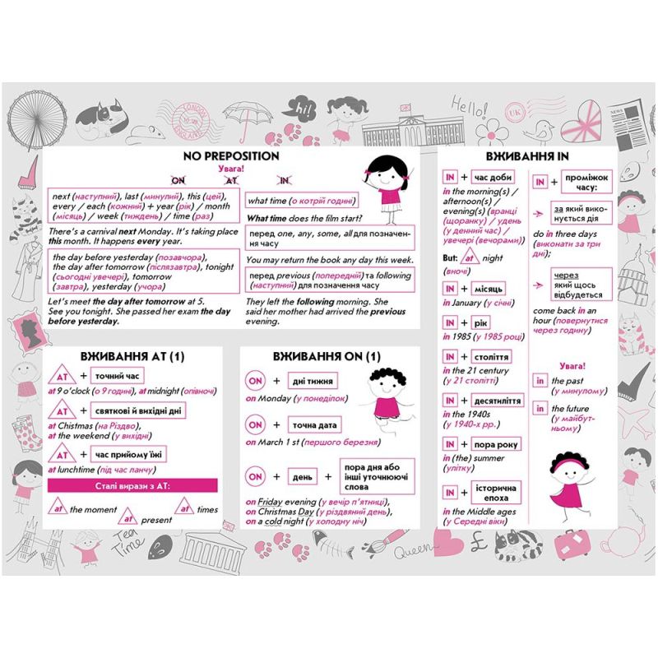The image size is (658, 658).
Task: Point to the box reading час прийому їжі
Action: (x=127, y=455)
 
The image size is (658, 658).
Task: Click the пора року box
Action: (x=497, y=445)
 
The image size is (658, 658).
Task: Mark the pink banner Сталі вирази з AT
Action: (x=132, y=486)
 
